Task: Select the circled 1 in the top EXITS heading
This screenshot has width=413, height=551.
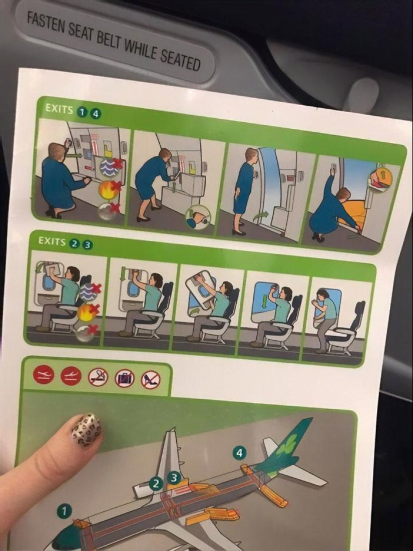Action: point(81,112)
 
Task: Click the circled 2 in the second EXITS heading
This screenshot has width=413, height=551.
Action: point(74,243)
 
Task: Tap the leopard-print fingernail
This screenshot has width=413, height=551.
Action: point(86,429)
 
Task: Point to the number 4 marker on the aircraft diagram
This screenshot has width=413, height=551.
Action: point(240,453)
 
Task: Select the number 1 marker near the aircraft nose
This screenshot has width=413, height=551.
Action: point(64,510)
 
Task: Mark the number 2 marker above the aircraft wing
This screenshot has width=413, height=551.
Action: point(156,483)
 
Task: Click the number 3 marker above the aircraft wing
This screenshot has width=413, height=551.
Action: point(174,477)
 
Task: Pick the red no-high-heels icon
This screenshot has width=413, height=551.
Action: point(150,379)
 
